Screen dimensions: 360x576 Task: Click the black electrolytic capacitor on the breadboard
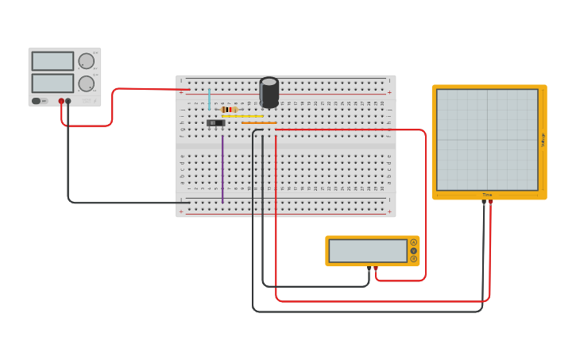[269, 92]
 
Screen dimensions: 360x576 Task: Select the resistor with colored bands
[229, 110]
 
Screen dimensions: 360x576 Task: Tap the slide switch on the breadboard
[215, 123]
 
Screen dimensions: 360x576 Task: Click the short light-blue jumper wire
[210, 99]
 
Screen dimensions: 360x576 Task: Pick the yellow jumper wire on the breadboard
[242, 117]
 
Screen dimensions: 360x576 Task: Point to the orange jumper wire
[259, 123]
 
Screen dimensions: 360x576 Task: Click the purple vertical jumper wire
[222, 167]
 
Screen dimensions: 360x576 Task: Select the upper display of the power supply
[52, 61]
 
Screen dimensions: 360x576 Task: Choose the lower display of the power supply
[52, 83]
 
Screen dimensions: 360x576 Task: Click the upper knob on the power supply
[87, 61]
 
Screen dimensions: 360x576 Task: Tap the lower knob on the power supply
[87, 83]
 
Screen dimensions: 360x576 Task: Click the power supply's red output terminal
[61, 102]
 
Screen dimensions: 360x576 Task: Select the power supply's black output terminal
[68, 102]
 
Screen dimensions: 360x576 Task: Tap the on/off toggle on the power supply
[37, 101]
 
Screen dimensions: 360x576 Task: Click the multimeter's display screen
[367, 251]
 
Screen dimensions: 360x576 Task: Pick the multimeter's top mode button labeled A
[413, 242]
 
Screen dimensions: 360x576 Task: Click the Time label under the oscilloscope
[487, 195]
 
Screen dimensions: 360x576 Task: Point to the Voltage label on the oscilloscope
[543, 140]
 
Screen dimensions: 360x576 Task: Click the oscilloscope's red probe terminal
[490, 202]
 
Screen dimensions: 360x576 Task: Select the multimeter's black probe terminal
[369, 269]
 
